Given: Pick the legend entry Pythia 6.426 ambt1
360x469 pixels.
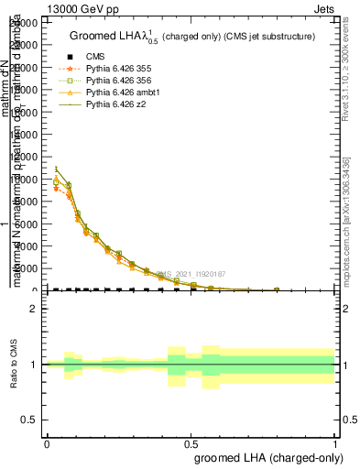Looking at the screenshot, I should click(117, 93).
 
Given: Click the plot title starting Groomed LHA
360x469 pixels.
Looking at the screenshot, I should click(192, 36).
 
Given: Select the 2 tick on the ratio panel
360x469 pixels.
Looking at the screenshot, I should click(33, 309).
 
